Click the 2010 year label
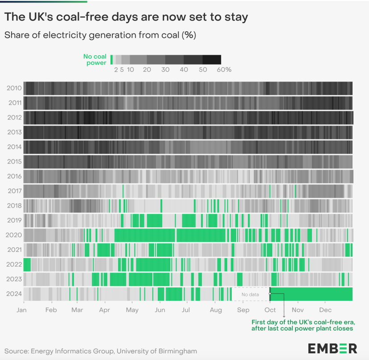click(14, 88)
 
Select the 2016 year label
click(14, 176)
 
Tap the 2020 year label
click(14, 235)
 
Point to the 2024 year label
click(14, 294)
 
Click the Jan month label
click(23, 310)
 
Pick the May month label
click(132, 310)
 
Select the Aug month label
click(216, 310)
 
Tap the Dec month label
click(325, 310)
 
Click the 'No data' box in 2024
click(250, 294)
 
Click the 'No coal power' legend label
click(95, 60)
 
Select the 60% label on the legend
click(224, 70)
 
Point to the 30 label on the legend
click(165, 70)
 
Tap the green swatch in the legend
click(111, 60)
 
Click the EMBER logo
click(332, 348)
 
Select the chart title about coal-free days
click(126, 17)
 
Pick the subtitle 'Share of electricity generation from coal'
click(100, 35)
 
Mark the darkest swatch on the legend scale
click(212, 60)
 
